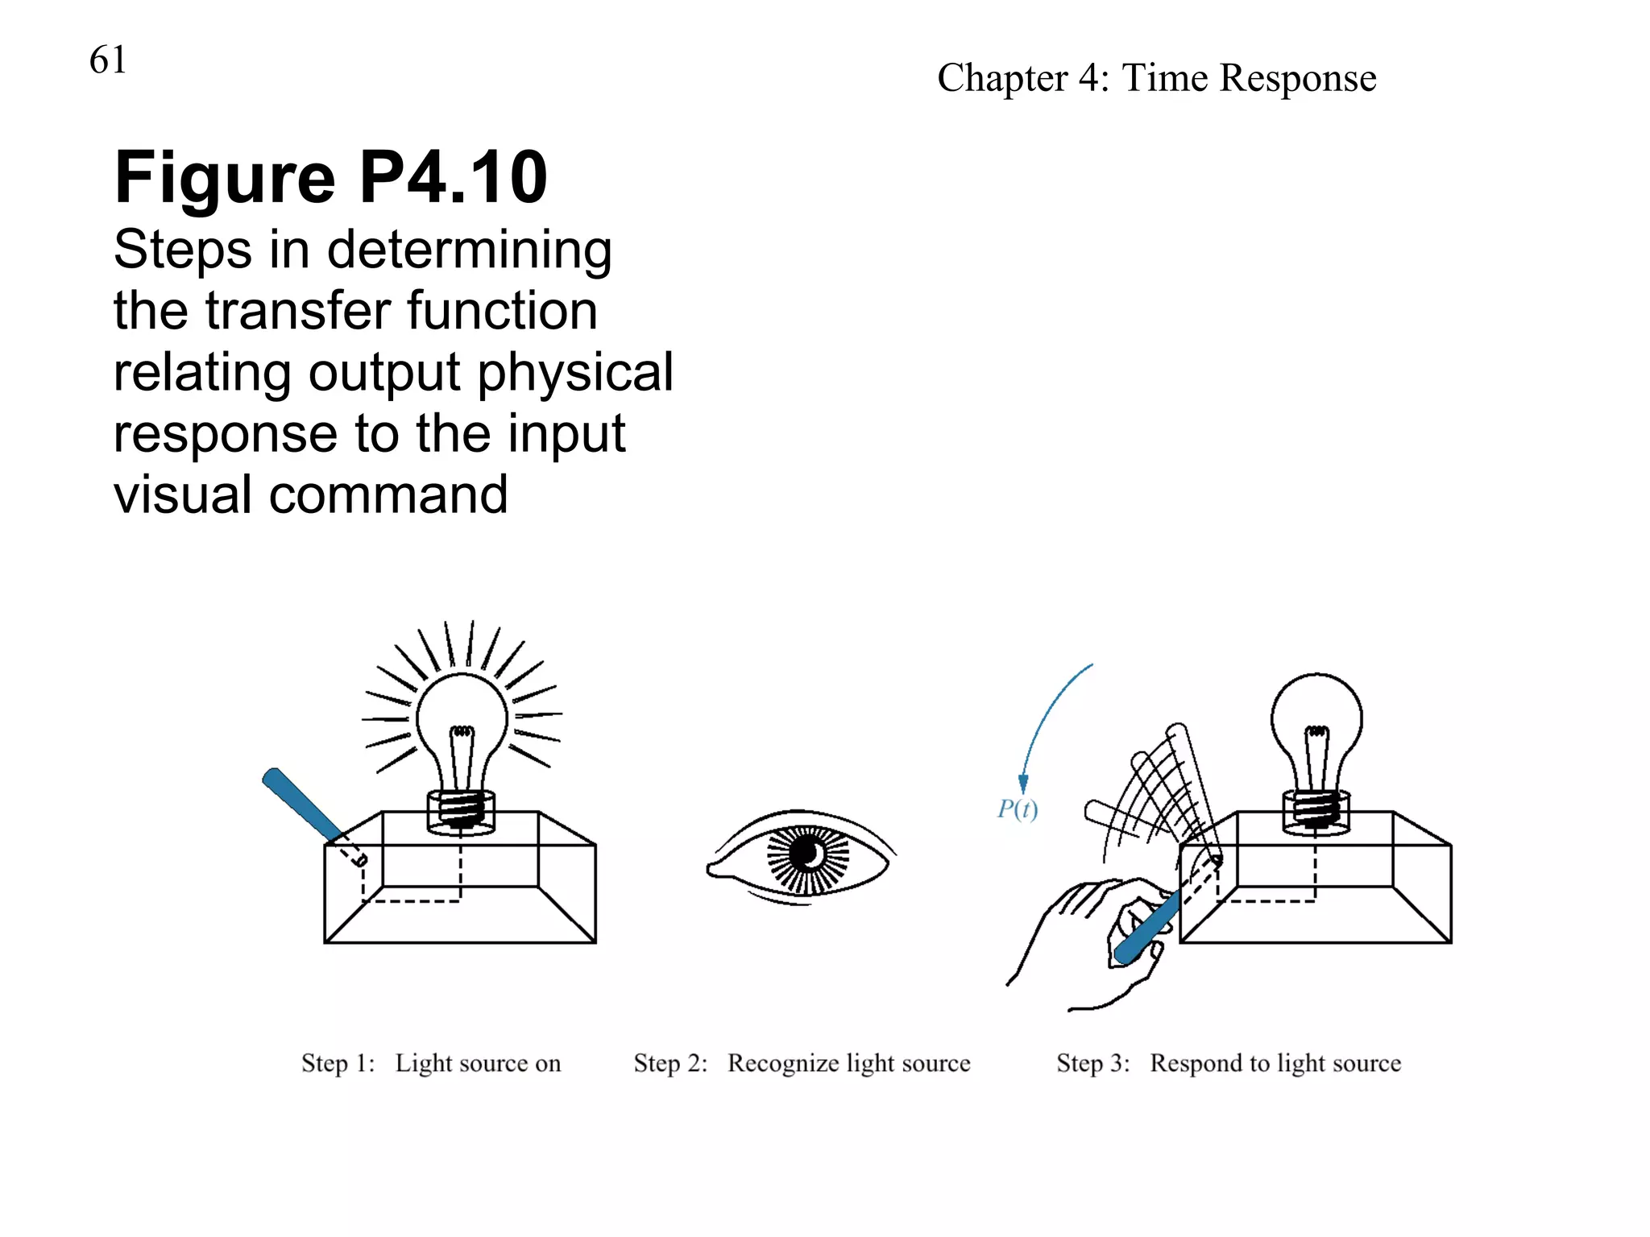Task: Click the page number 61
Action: point(108,60)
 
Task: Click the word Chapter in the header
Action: point(1001,79)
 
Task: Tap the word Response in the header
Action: point(1297,79)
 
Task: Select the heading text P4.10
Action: point(453,178)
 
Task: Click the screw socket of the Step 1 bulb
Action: point(461,809)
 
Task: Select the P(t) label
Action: point(1017,809)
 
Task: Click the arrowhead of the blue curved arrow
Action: point(1023,784)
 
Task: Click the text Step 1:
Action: point(338,1063)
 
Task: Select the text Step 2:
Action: point(670,1063)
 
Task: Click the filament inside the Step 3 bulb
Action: point(1316,753)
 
